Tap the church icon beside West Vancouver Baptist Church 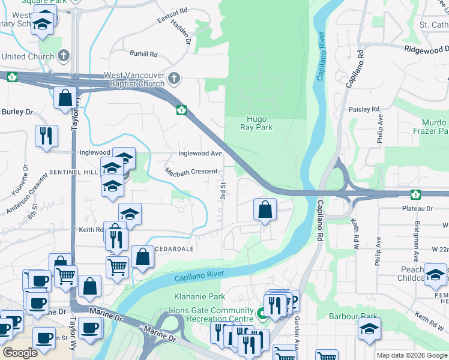[x=174, y=78]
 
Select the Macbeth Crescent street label [x=191, y=172]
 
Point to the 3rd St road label [x=223, y=191]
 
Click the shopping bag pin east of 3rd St [x=265, y=210]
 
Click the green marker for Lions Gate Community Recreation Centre [x=262, y=313]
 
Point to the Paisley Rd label [x=364, y=109]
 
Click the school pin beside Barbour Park [x=369, y=328]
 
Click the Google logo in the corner [x=20, y=353]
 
